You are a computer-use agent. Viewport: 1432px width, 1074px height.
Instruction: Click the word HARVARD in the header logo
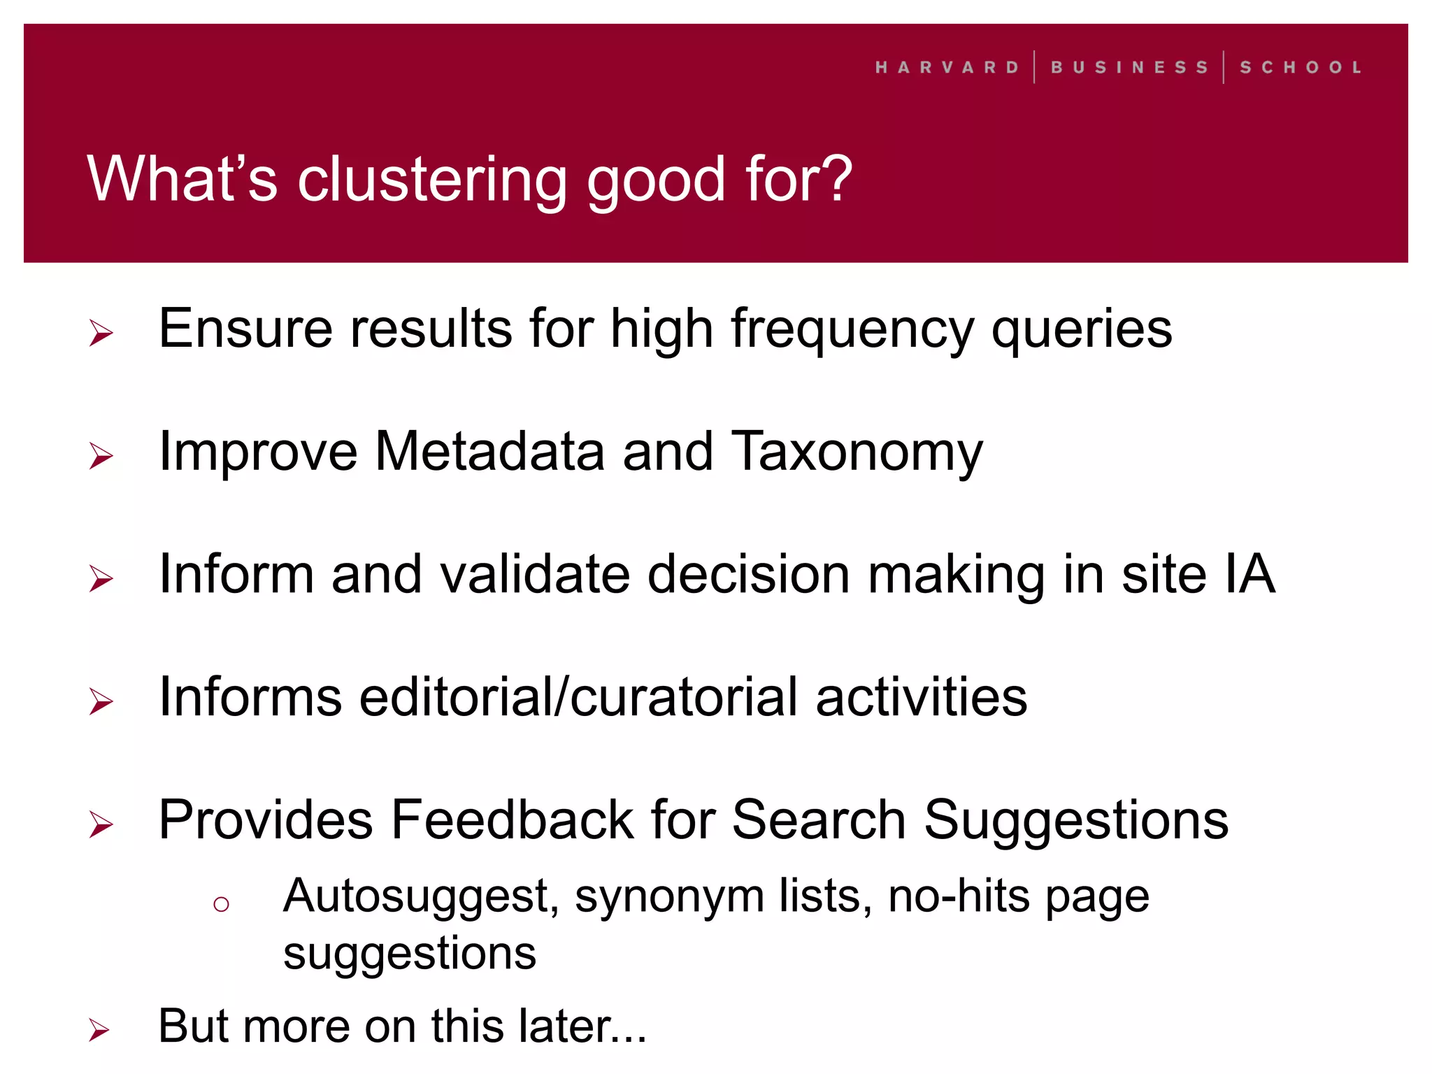(x=947, y=68)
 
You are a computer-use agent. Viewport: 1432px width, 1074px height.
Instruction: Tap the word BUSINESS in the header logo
(x=1129, y=68)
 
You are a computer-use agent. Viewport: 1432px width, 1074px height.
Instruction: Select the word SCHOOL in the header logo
(x=1301, y=68)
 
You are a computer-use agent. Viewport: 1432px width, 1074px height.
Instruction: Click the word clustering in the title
(x=432, y=180)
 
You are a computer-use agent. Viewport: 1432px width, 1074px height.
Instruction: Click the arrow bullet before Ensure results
(x=101, y=333)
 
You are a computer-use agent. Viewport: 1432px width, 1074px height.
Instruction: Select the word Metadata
(x=489, y=452)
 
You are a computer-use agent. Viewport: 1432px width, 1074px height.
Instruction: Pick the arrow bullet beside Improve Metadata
(x=101, y=456)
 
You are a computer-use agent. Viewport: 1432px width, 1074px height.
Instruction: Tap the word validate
(x=534, y=575)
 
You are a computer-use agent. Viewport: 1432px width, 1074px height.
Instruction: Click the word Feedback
(x=512, y=819)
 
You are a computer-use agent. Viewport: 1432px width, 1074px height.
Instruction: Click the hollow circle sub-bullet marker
(x=221, y=904)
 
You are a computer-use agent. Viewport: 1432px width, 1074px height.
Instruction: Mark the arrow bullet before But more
(x=99, y=1030)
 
